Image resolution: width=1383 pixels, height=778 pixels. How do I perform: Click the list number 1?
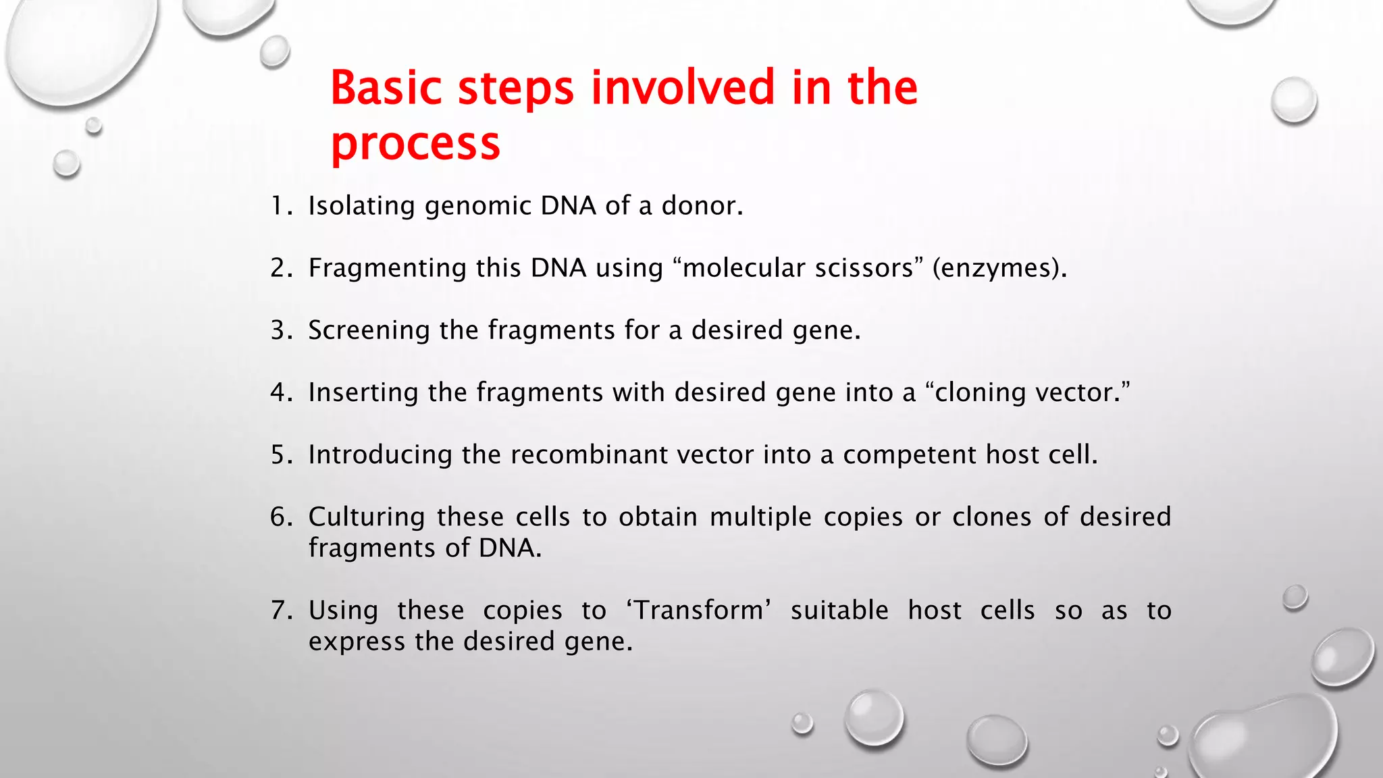tap(278, 205)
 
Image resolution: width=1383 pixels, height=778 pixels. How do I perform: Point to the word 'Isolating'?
tap(361, 206)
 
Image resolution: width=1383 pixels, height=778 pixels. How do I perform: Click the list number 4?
tap(278, 392)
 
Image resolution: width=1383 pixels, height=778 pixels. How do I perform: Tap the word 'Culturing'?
tap(366, 517)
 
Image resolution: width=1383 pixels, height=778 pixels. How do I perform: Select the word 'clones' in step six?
tap(991, 517)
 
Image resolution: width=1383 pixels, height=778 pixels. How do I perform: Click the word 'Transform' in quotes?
tap(699, 611)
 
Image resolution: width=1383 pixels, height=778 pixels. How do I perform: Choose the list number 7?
tap(278, 611)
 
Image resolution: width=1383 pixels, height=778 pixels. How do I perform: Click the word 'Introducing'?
tap(380, 455)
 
